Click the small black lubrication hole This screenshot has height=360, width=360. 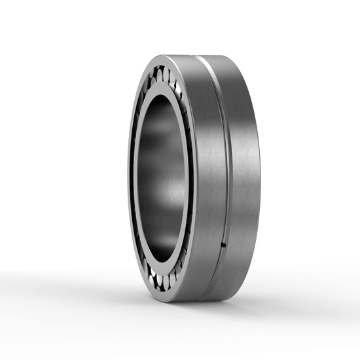[223, 245]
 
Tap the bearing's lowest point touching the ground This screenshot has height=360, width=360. [190, 302]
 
